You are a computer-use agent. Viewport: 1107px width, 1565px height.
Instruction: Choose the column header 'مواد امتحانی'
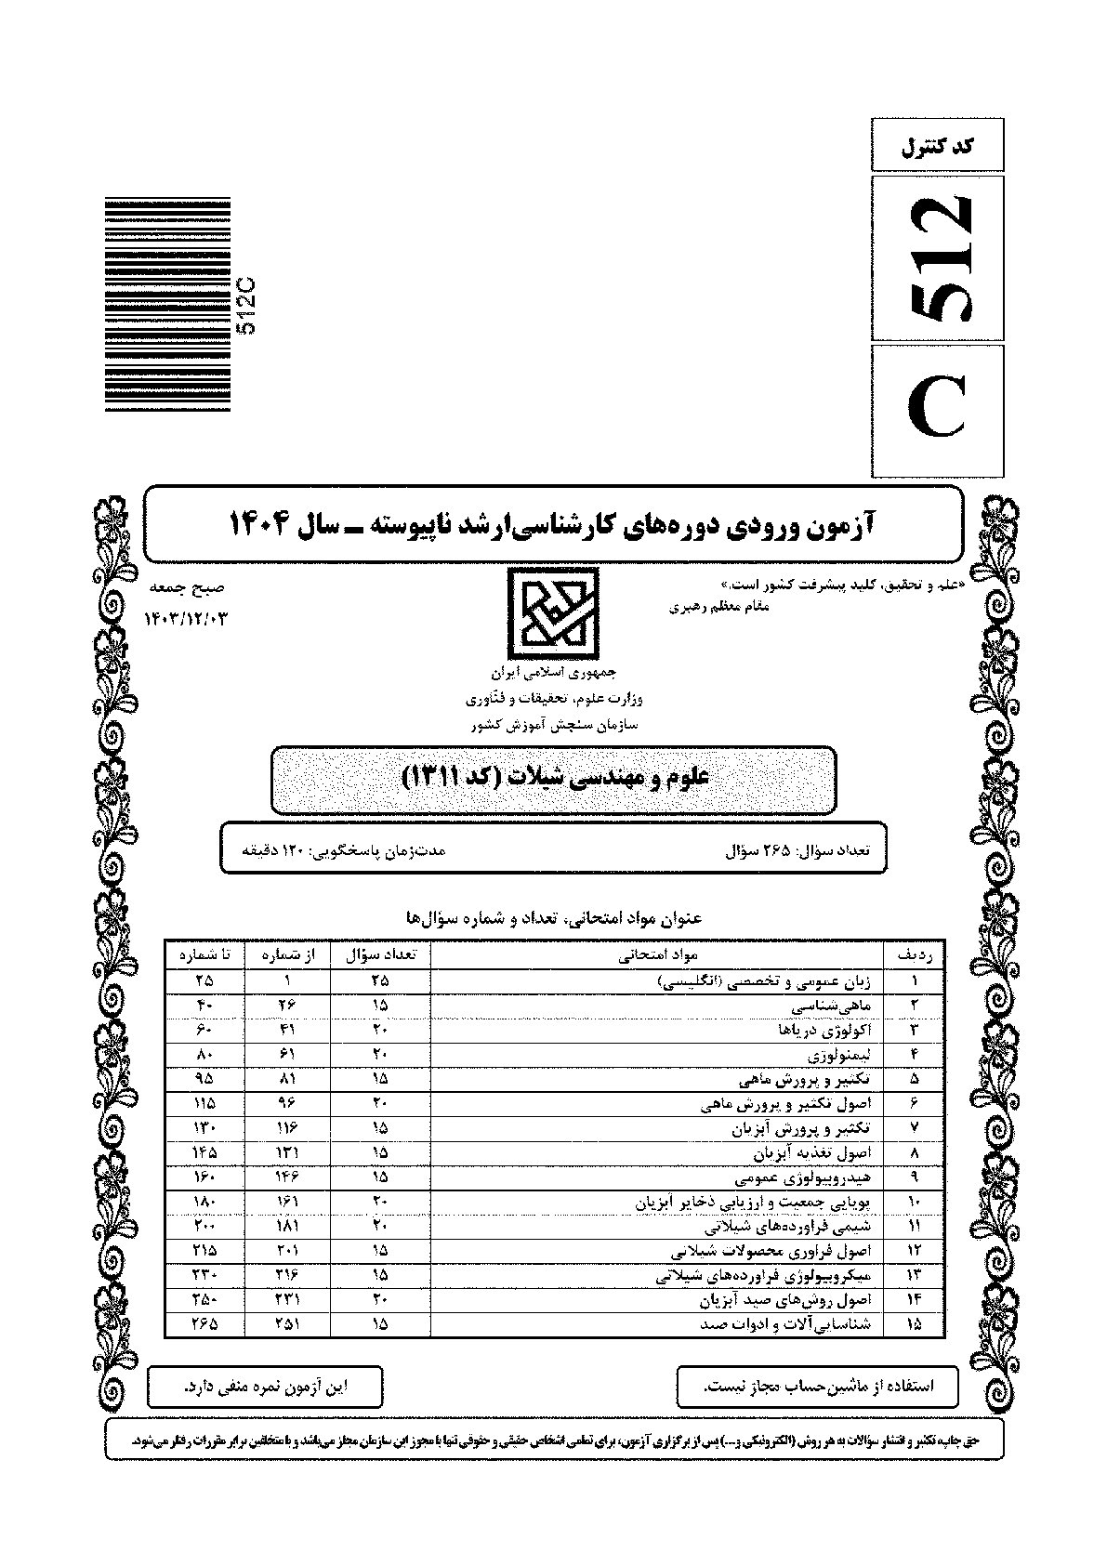[x=657, y=954]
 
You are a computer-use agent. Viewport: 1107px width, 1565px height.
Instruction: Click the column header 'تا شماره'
[x=204, y=954]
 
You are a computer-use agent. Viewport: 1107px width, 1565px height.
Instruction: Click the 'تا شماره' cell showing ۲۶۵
[x=204, y=1324]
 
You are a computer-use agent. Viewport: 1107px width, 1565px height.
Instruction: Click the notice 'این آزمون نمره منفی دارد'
[x=264, y=1387]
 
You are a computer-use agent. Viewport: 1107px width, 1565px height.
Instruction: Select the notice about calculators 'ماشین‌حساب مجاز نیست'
[x=818, y=1387]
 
